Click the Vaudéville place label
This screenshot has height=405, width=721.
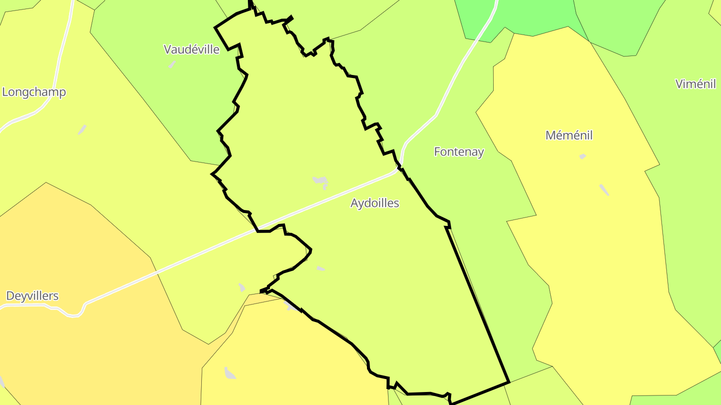[191, 49]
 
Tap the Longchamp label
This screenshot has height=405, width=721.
[34, 92]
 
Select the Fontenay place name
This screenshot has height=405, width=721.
[459, 152]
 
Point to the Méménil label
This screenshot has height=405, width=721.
[569, 135]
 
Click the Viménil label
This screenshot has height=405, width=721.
[695, 84]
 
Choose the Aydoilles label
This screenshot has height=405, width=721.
[375, 203]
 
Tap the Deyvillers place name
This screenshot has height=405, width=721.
[32, 296]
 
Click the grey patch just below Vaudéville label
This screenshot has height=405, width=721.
[172, 64]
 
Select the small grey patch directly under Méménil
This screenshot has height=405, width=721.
[582, 156]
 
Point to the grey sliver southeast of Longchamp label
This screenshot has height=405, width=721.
[82, 129]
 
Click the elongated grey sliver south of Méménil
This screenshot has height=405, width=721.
[604, 190]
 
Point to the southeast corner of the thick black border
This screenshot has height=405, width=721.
[509, 382]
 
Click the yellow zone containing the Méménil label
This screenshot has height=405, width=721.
[601, 250]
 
